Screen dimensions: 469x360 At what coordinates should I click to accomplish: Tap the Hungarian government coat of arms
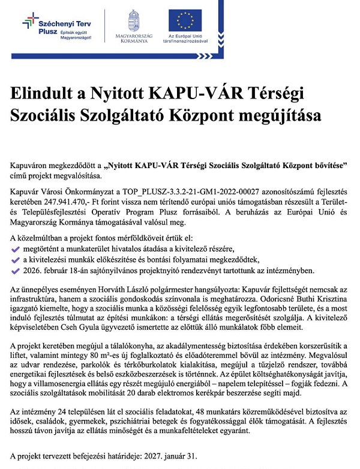134,20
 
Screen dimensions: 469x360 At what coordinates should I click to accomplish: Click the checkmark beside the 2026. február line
16,270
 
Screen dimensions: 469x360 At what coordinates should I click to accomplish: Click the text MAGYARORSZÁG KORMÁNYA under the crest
134,40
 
